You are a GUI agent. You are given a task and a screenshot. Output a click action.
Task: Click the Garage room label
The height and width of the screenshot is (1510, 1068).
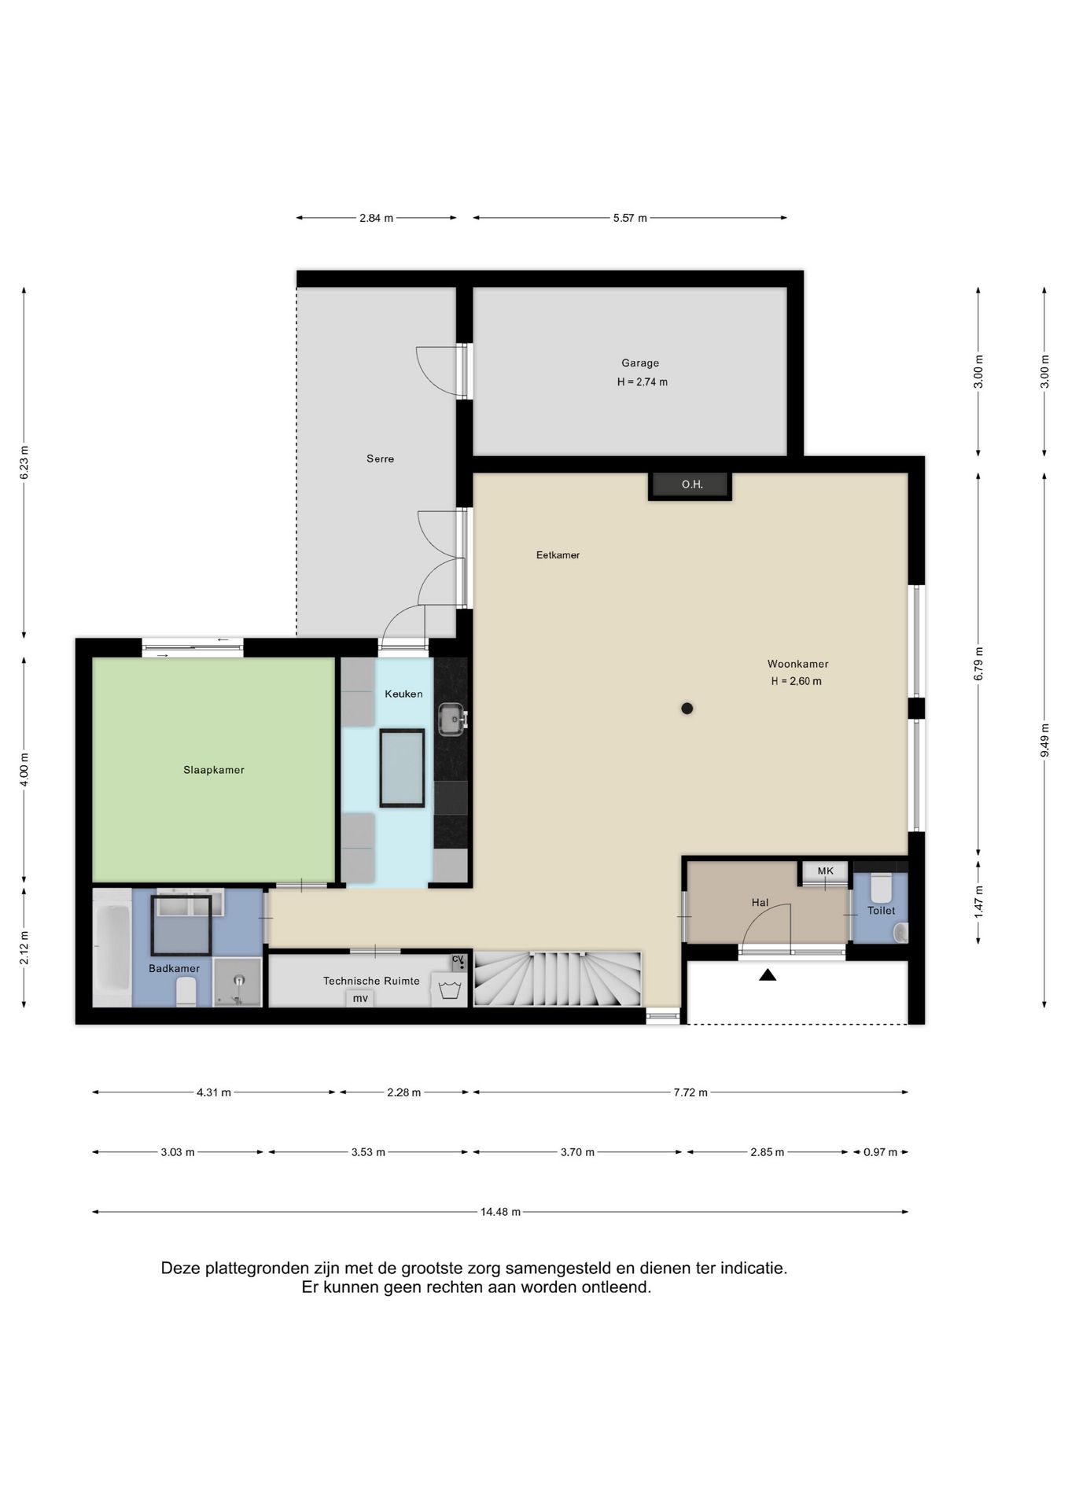click(x=640, y=363)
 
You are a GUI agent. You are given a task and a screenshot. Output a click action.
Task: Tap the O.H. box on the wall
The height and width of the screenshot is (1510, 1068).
click(x=691, y=485)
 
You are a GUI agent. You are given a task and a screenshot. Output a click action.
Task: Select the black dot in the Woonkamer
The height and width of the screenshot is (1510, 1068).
click(x=687, y=709)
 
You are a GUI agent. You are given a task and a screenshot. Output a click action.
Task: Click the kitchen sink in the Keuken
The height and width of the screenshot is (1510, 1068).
click(x=452, y=718)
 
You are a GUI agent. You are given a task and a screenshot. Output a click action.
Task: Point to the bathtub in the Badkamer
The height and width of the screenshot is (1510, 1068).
click(x=112, y=948)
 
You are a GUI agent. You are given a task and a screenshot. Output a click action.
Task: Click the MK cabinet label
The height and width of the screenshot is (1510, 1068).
click(x=825, y=871)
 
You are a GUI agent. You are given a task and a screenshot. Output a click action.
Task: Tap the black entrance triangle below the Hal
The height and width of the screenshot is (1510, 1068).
click(x=768, y=974)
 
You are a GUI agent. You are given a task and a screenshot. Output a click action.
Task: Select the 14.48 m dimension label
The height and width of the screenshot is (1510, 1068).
click(x=500, y=1212)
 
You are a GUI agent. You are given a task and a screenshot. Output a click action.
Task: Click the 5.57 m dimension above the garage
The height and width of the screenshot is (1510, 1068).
click(x=630, y=218)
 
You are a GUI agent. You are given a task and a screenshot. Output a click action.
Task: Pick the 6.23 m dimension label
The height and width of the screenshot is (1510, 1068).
click(x=24, y=462)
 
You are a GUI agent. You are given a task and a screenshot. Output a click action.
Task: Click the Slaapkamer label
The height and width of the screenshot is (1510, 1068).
click(x=214, y=770)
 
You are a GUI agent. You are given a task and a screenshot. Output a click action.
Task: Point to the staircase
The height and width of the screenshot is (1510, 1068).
click(x=557, y=979)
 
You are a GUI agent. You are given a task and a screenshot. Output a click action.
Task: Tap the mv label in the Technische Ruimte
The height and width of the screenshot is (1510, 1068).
click(x=360, y=999)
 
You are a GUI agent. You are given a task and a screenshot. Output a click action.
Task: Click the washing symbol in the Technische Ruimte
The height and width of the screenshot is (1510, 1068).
click(x=449, y=989)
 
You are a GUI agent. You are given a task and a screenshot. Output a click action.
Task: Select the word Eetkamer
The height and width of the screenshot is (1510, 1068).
click(x=558, y=555)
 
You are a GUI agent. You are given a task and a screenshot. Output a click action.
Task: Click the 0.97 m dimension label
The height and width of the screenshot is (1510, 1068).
click(x=880, y=1152)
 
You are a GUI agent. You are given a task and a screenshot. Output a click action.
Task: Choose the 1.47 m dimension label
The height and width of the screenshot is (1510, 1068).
click(x=978, y=901)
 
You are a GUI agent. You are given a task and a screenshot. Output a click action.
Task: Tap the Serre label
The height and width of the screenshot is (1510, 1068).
click(x=380, y=459)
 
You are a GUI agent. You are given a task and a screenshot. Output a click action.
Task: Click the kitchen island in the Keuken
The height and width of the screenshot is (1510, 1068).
click(x=402, y=768)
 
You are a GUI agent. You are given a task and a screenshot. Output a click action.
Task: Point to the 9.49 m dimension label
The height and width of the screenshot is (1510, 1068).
click(x=1044, y=740)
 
